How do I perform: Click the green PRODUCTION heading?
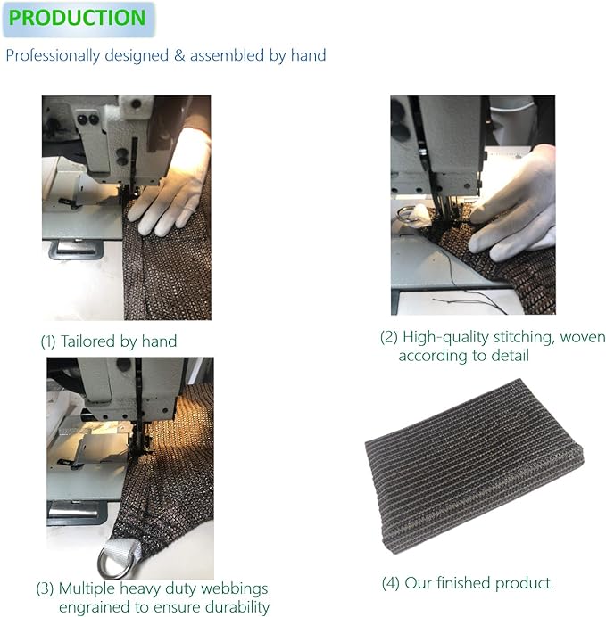point(77,18)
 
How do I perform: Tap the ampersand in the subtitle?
point(179,55)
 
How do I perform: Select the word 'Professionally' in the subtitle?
point(53,56)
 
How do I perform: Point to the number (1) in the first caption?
point(48,341)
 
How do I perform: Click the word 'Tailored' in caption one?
point(87,341)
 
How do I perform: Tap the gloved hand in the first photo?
point(171,185)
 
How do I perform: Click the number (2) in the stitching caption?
point(388,337)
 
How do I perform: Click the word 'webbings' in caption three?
point(236,589)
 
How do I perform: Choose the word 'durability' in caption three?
point(237,607)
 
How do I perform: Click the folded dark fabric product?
point(474,465)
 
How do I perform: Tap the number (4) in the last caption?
point(391,583)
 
